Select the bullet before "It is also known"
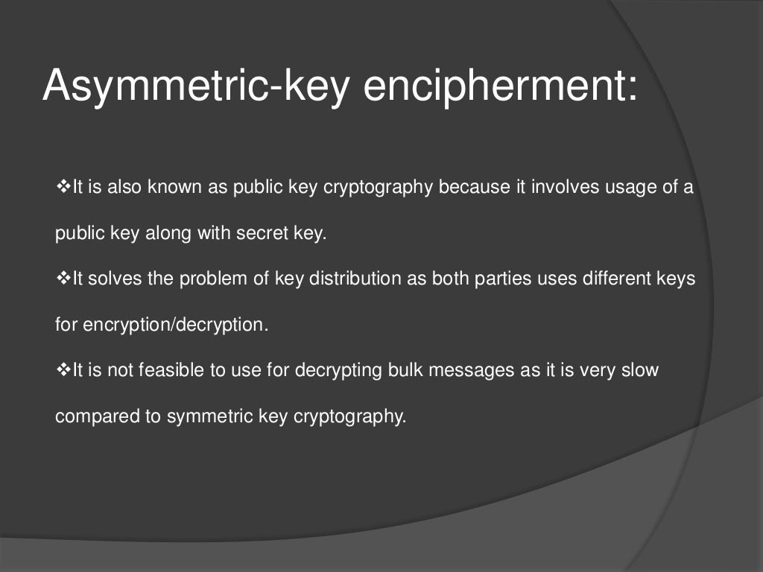tap(63, 187)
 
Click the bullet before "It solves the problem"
tap(63, 279)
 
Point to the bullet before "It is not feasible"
tap(63, 370)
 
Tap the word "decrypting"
tap(339, 370)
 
